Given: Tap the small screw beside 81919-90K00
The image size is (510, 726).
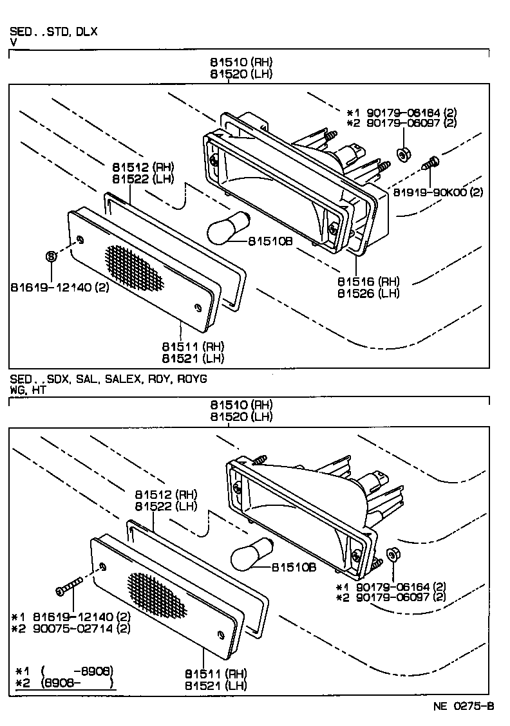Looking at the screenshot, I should [430, 163].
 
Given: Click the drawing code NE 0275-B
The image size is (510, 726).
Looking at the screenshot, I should [463, 706].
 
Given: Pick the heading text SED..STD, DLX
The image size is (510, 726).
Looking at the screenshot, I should [53, 31].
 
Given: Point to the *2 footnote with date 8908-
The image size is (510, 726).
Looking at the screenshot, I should [64, 682].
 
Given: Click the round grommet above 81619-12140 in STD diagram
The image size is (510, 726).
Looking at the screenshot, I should [52, 257].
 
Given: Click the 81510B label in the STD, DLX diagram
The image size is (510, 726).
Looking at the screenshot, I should [271, 242].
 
